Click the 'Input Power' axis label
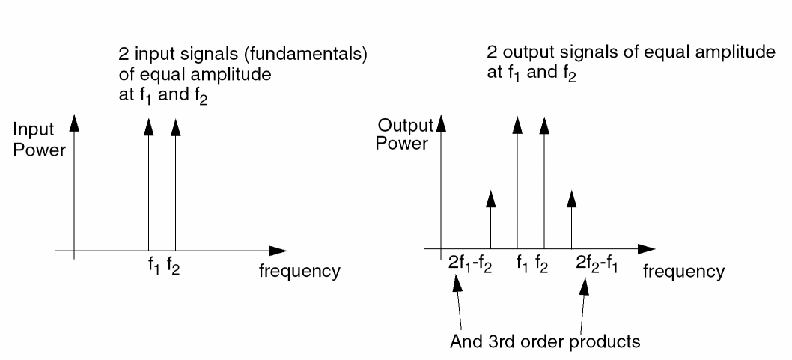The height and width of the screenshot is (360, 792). point(39,140)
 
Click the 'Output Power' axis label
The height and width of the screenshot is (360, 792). point(404,134)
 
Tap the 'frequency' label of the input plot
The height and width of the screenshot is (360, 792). point(299,271)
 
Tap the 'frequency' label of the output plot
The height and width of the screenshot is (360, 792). point(683,272)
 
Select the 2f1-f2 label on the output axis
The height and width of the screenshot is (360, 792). point(469,264)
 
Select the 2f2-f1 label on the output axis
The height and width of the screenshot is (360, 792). point(597,264)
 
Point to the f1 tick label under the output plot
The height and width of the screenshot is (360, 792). point(523,264)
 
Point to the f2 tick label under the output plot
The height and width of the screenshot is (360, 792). point(542,264)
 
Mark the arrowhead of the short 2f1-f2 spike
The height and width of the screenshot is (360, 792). point(490,198)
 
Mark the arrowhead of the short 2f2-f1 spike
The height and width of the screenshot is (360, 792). point(571,198)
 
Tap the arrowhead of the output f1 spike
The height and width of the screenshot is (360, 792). point(517,124)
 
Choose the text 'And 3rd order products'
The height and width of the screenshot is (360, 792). point(545,341)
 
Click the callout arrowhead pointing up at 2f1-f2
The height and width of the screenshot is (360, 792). point(457,284)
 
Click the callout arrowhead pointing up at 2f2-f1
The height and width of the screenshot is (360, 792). point(585,286)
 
